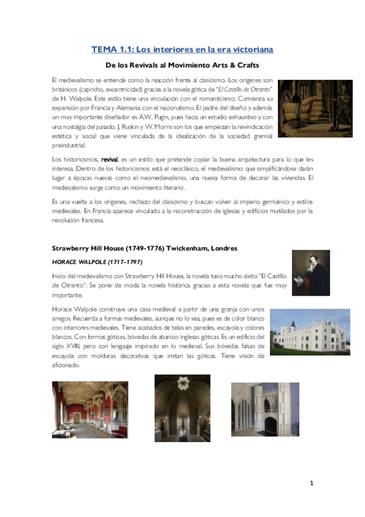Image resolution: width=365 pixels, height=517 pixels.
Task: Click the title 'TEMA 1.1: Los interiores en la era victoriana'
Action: tap(182, 49)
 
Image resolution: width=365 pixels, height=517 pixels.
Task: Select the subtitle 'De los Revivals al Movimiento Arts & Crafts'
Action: tap(182, 65)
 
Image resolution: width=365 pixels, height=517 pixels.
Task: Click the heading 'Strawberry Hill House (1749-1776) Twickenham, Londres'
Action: tap(144, 249)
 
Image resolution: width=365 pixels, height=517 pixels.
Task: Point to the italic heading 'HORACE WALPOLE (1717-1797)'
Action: tap(97, 262)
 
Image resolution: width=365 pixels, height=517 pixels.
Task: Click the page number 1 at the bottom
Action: tap(311, 483)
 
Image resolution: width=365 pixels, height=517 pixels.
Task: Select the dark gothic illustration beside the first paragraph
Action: tap(315, 108)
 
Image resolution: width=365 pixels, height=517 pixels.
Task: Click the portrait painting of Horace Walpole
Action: tap(311, 273)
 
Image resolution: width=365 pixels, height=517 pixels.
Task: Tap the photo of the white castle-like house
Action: tap(310, 332)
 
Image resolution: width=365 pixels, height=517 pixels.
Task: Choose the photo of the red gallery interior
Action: tap(90, 410)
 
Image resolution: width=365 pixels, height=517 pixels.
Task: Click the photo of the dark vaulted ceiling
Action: tap(182, 408)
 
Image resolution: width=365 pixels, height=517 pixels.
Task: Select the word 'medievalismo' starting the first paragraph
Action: tap(76, 80)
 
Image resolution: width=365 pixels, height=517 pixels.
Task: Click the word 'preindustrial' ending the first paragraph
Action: tap(69, 145)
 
